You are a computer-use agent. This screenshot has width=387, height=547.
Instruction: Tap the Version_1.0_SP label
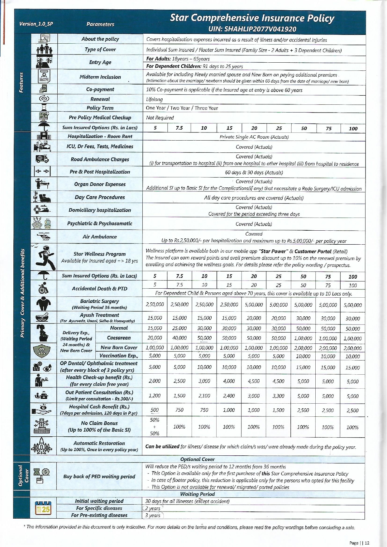pos(36,24)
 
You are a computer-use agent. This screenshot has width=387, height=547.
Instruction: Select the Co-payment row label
pos(100,89)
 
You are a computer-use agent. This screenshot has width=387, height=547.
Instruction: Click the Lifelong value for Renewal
pos(155,99)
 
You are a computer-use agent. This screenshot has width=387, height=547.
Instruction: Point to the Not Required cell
pos(160,118)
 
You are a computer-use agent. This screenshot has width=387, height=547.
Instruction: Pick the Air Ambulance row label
pos(100,237)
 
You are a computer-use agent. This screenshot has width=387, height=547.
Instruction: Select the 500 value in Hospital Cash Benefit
pos(155,410)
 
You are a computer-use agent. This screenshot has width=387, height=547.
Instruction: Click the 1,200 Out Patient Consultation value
pos(155,396)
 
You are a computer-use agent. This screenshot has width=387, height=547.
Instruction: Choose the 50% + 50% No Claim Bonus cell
pos(155,427)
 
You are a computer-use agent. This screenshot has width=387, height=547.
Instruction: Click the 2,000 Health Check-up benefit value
pos(155,381)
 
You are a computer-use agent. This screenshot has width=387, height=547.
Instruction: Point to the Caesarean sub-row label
pos(119,338)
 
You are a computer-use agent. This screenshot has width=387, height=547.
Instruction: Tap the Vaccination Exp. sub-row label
pos(119,356)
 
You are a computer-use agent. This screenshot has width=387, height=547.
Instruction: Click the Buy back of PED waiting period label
pos(99,477)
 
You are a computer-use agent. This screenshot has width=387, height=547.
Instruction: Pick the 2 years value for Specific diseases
pos(153,508)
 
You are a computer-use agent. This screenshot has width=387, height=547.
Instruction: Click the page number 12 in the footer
pos(366,543)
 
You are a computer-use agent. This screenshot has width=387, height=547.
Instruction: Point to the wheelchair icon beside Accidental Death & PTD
pos(43,288)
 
